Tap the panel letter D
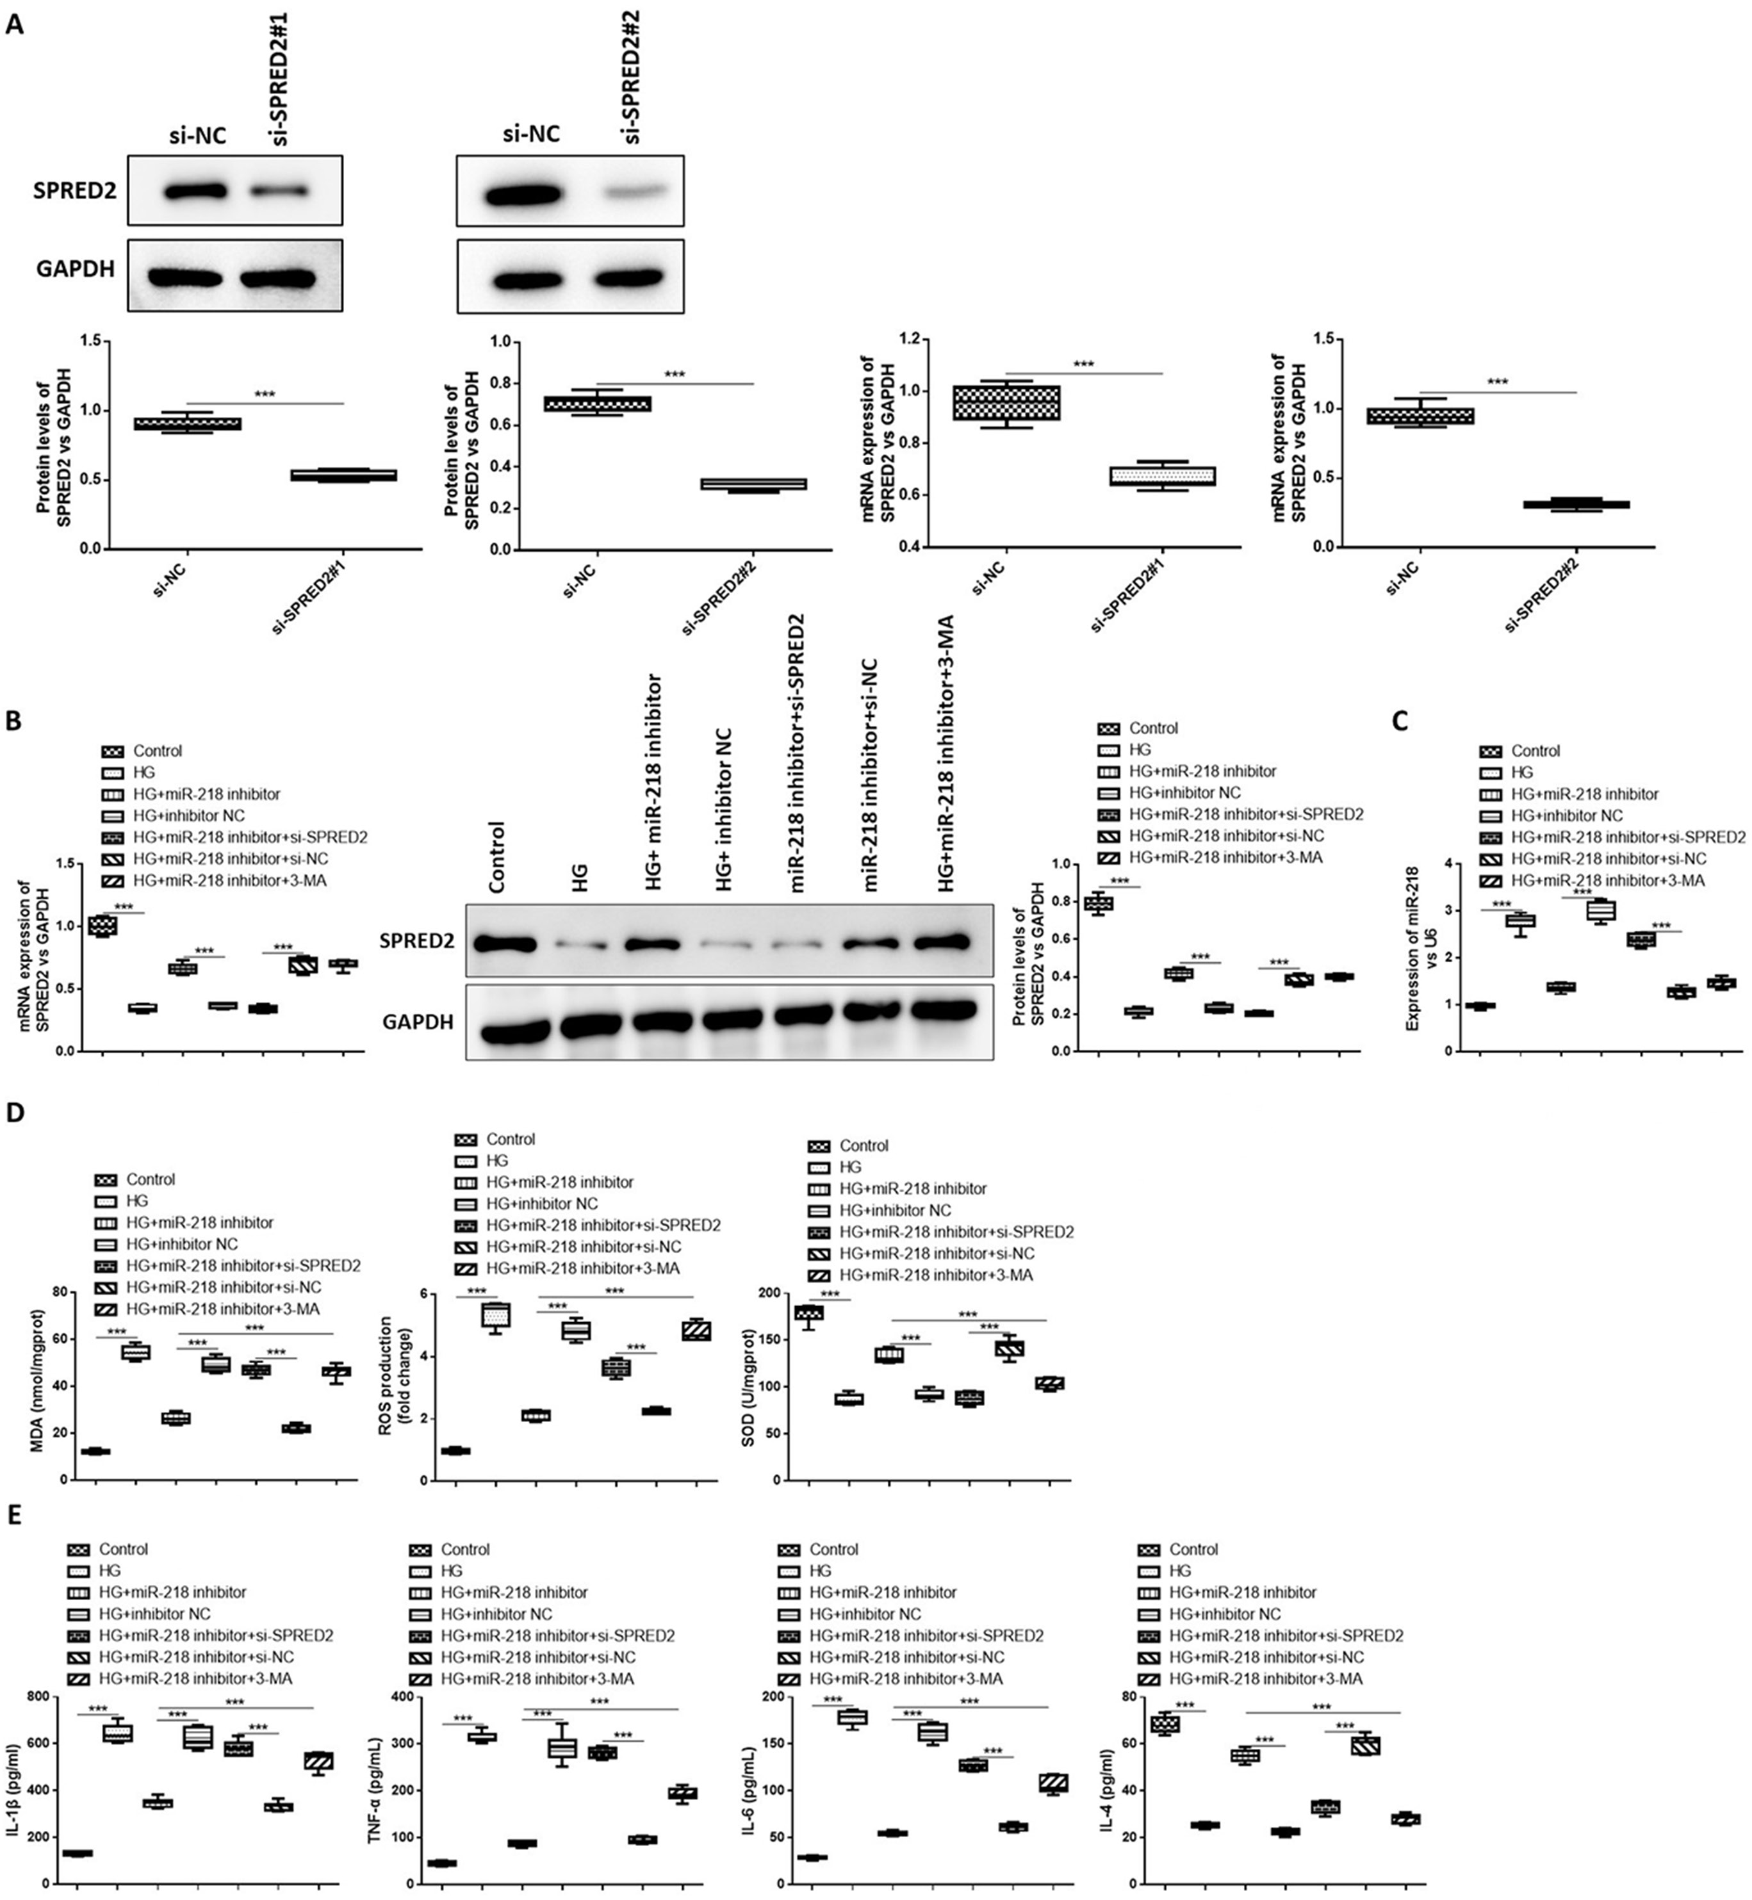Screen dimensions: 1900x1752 pyautogui.click(x=15, y=1112)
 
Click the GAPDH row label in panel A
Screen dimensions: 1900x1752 pyautogui.click(x=76, y=269)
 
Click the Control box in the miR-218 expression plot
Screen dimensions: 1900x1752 pyautogui.click(x=1480, y=1006)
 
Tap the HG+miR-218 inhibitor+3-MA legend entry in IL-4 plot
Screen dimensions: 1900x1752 pyautogui.click(x=1266, y=1679)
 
